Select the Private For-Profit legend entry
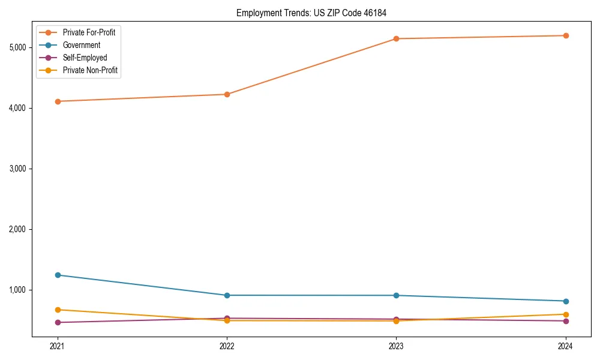pos(89,32)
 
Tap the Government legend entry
pos(82,45)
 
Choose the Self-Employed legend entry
pos(85,58)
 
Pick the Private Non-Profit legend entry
pos(90,70)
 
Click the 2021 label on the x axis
pos(58,346)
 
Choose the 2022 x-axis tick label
pos(227,346)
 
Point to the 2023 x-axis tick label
pos(396,346)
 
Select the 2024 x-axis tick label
pos(565,346)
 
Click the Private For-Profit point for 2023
pos(396,39)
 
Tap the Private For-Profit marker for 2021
pos(58,101)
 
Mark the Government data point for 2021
pos(58,275)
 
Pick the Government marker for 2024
pos(565,301)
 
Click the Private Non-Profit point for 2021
pos(58,310)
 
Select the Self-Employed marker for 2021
pos(58,322)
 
